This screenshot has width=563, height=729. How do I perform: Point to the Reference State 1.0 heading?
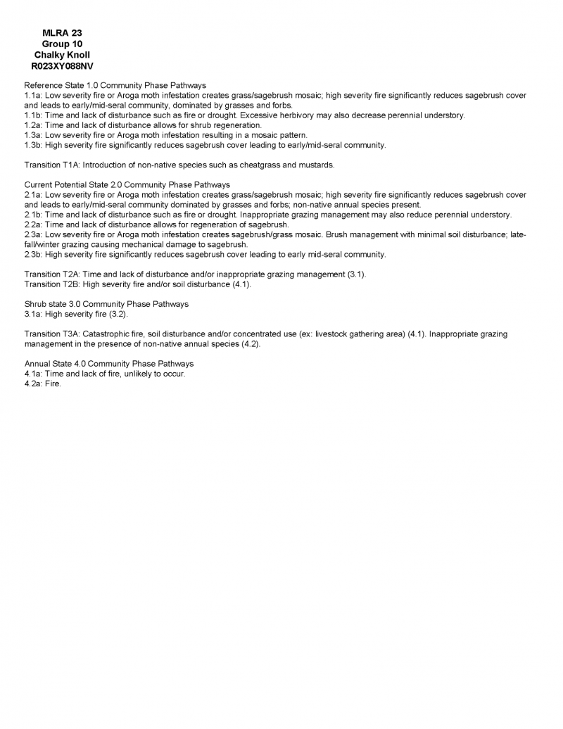pyautogui.click(x=115, y=84)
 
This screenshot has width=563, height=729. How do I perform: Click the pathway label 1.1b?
pyautogui.click(x=33, y=115)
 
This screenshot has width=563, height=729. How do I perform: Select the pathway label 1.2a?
pyautogui.click(x=33, y=125)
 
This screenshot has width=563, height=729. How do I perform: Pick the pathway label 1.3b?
pyautogui.click(x=33, y=145)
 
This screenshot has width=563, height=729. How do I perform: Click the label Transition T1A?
pyautogui.click(x=51, y=165)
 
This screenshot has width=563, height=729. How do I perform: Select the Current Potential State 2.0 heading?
pyautogui.click(x=127, y=184)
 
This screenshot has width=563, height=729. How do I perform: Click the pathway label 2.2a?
pyautogui.click(x=33, y=224)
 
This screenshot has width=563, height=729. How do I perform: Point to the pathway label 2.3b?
pyautogui.click(x=33, y=254)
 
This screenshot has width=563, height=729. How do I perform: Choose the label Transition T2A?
pyautogui.click(x=51, y=274)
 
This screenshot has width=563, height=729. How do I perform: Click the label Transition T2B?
pyautogui.click(x=51, y=284)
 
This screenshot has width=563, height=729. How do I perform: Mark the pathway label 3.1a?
pyautogui.click(x=33, y=314)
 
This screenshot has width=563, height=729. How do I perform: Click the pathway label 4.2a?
pyautogui.click(x=33, y=384)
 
